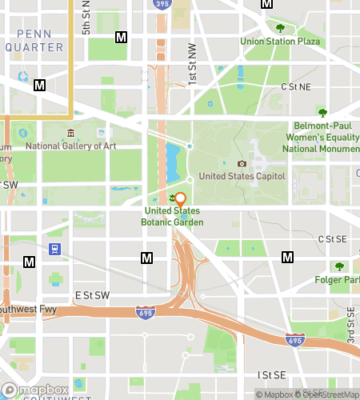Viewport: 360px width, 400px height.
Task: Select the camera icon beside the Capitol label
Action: pyautogui.click(x=242, y=163)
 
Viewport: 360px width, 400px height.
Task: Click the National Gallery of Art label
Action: pyautogui.click(x=71, y=146)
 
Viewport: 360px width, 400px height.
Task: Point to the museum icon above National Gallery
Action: pyautogui.click(x=71, y=133)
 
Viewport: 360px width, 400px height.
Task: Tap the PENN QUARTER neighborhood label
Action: pyautogui.click(x=34, y=40)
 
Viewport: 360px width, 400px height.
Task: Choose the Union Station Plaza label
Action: pyautogui.click(x=280, y=41)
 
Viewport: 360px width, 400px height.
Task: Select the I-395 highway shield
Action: pyautogui.click(x=160, y=4)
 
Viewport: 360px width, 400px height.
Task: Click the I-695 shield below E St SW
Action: pyautogui.click(x=145, y=311)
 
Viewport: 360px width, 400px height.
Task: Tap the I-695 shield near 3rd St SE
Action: pyautogui.click(x=294, y=340)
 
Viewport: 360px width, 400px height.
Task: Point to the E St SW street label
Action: pyautogui.click(x=91, y=295)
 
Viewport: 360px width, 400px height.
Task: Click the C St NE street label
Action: pyautogui.click(x=294, y=86)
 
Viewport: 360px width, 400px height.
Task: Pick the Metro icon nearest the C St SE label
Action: pyautogui.click(x=287, y=257)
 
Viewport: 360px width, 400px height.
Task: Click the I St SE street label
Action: pyautogui.click(x=271, y=374)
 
